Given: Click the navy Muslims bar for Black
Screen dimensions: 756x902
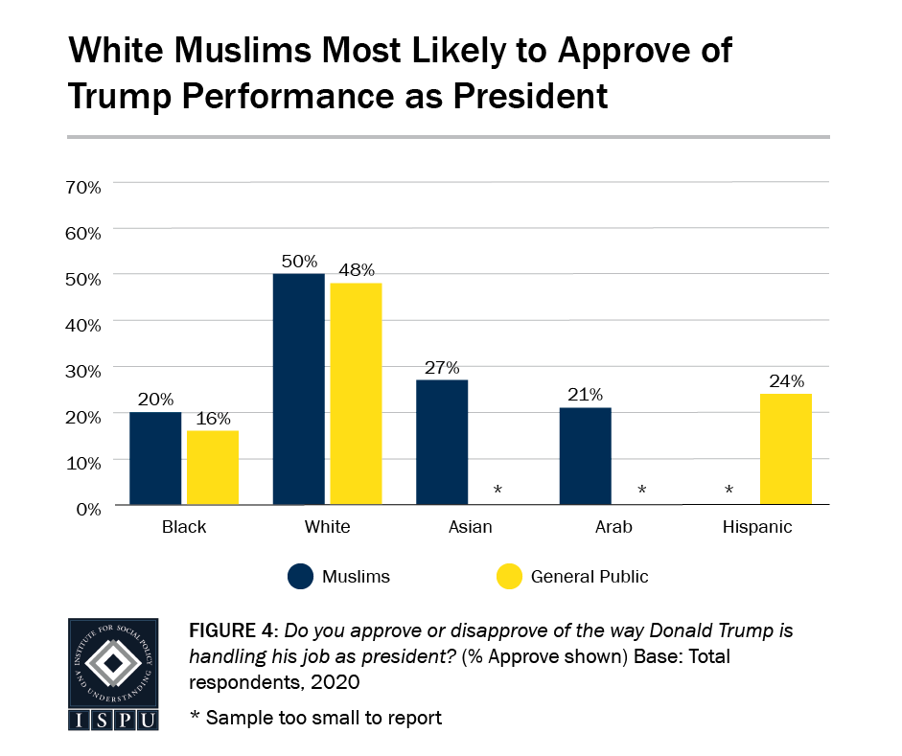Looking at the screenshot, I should (x=155, y=458).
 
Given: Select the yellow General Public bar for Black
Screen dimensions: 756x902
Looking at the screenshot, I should (x=213, y=468).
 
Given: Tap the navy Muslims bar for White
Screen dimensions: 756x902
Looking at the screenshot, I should (x=298, y=389).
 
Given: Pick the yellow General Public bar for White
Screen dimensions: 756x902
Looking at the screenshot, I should (x=356, y=394).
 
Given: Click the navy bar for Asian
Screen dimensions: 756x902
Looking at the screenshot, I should (x=442, y=442).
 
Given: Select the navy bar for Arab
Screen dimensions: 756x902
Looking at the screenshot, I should (x=585, y=456).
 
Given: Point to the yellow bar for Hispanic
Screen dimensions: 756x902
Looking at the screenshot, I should (x=786, y=448).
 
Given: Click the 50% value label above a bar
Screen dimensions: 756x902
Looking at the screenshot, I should (x=300, y=262).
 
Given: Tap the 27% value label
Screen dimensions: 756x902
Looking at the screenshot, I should (x=443, y=367).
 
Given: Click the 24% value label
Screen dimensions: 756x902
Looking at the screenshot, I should (x=787, y=381).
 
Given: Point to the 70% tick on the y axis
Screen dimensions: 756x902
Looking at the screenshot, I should (x=82, y=187).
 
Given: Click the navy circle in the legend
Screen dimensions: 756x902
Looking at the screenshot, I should (x=299, y=576).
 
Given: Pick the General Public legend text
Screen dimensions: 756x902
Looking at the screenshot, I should (x=589, y=577).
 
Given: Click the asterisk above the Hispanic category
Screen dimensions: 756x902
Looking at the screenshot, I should (x=729, y=491).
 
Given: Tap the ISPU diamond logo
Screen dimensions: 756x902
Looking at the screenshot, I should (x=112, y=662).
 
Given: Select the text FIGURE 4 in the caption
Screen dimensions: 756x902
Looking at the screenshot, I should (x=231, y=632).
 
